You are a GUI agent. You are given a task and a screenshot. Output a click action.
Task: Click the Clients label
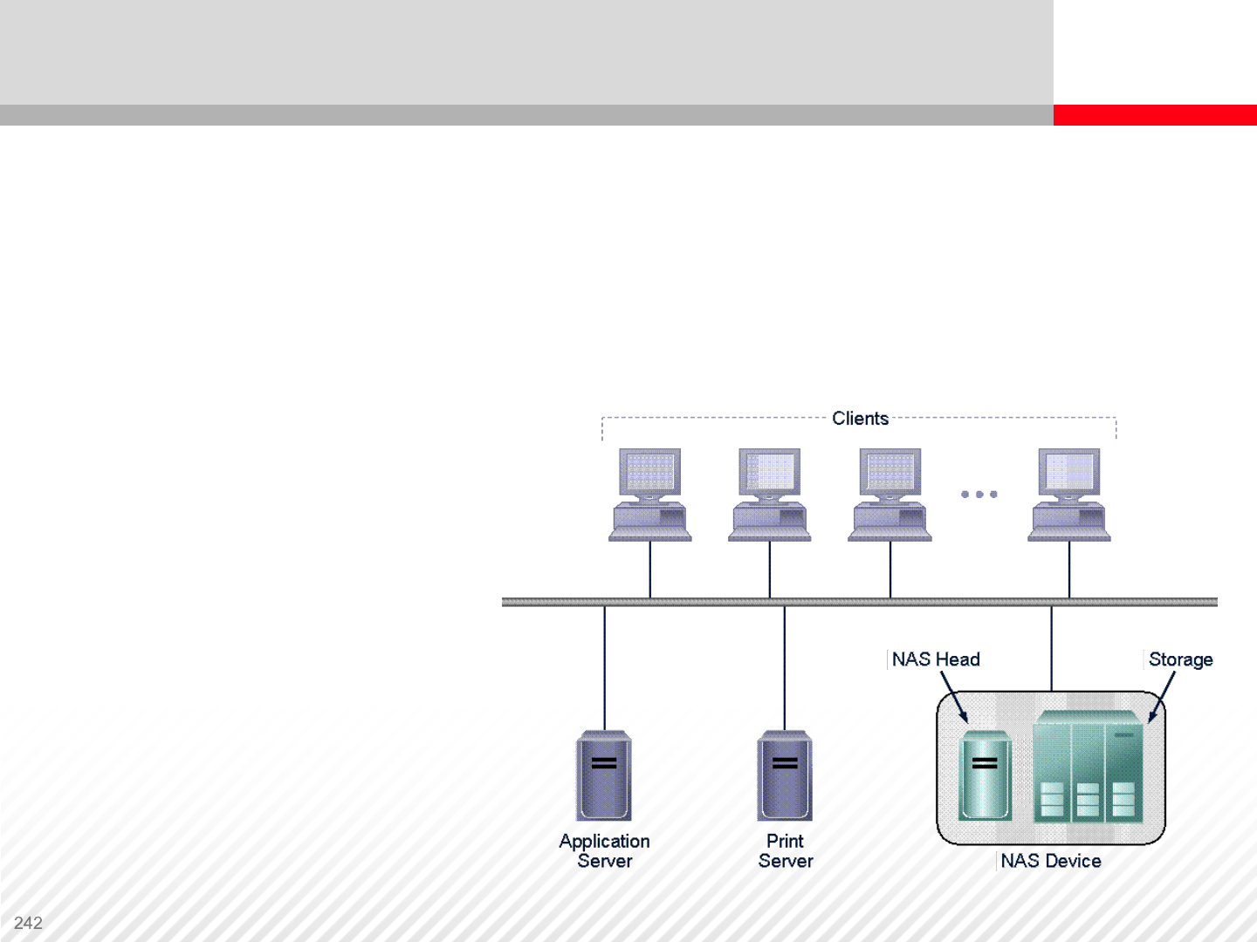pos(860,419)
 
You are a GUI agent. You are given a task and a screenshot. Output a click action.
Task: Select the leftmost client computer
pos(650,495)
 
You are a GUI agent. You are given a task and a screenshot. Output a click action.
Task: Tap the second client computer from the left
pos(770,495)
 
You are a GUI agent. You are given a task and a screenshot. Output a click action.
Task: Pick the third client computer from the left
pos(890,495)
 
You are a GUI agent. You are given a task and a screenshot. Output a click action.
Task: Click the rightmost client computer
pos(1069,495)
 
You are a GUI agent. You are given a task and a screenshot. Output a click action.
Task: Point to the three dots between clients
pos(979,495)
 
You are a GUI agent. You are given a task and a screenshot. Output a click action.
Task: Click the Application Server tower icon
pos(604,775)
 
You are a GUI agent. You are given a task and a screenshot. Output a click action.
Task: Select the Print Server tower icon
pos(785,775)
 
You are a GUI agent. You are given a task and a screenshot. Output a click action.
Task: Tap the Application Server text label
pos(604,851)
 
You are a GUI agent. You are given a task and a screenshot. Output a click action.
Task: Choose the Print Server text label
pos(786,851)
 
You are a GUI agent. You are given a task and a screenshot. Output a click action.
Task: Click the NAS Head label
pos(936,659)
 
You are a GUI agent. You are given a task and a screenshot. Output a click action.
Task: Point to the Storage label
pos(1180,659)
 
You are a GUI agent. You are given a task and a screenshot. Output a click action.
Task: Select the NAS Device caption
pos(1051,861)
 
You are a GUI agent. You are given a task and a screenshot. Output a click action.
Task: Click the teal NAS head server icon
pos(985,775)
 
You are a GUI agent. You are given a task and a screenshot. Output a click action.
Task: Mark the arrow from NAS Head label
pos(954,697)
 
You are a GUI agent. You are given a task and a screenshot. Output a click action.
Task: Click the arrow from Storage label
pos(1162,697)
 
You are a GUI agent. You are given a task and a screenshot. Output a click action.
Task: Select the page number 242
pos(28,923)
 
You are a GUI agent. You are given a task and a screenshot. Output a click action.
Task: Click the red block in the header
pos(1155,115)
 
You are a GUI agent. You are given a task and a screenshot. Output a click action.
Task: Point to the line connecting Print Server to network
pos(785,668)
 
